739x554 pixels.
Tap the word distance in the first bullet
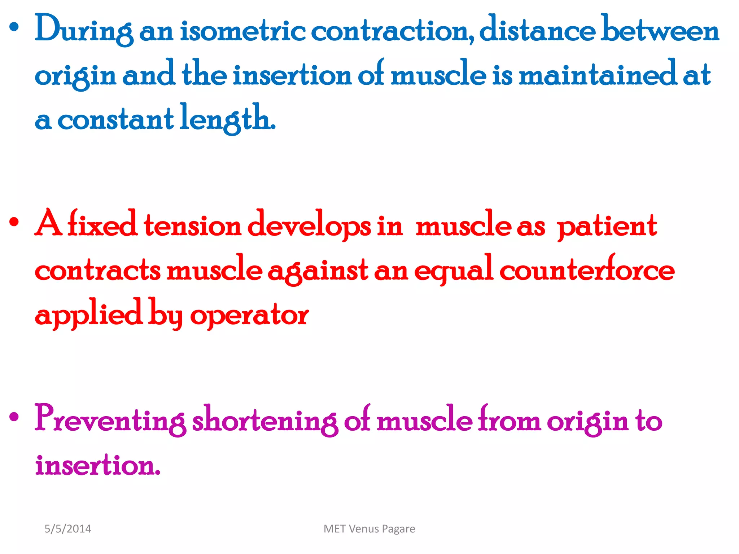(537, 30)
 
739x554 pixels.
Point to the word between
(660, 30)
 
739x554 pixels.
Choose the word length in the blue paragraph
(227, 119)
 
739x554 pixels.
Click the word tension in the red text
(192, 226)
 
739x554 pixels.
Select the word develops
(309, 226)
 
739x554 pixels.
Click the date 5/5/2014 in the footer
(68, 529)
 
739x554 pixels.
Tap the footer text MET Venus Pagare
(369, 529)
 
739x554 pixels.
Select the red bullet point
(14, 222)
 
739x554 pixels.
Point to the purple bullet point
(14, 417)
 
